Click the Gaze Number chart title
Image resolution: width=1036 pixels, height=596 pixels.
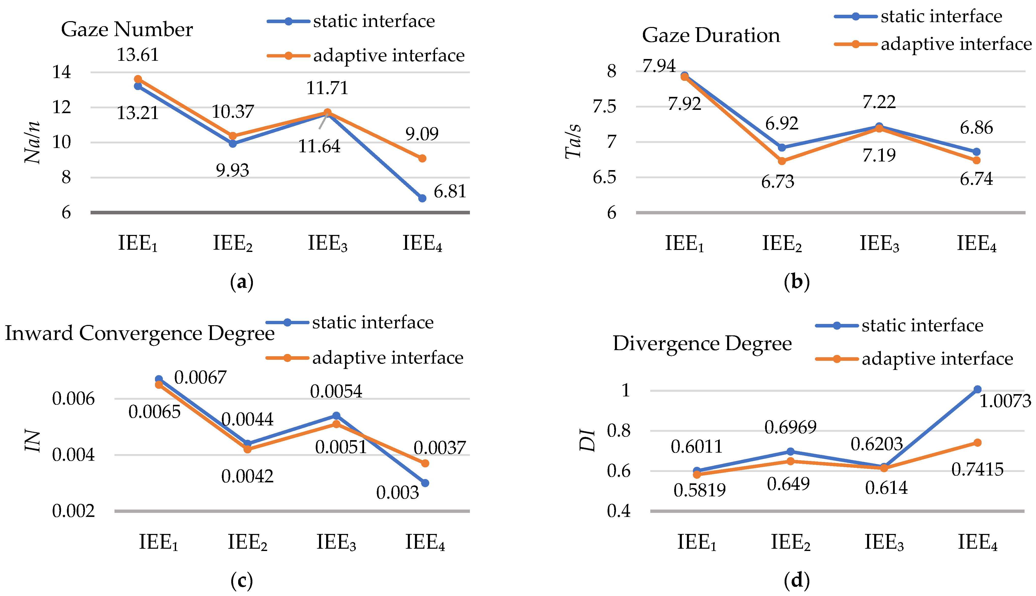point(127,29)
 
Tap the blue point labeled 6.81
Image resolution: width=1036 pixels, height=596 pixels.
point(422,198)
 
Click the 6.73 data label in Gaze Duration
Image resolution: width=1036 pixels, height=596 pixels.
point(777,181)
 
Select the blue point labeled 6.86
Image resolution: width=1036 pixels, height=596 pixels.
point(976,152)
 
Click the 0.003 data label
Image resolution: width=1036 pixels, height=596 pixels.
point(397,493)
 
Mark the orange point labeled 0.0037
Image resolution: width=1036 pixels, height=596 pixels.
point(425,463)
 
